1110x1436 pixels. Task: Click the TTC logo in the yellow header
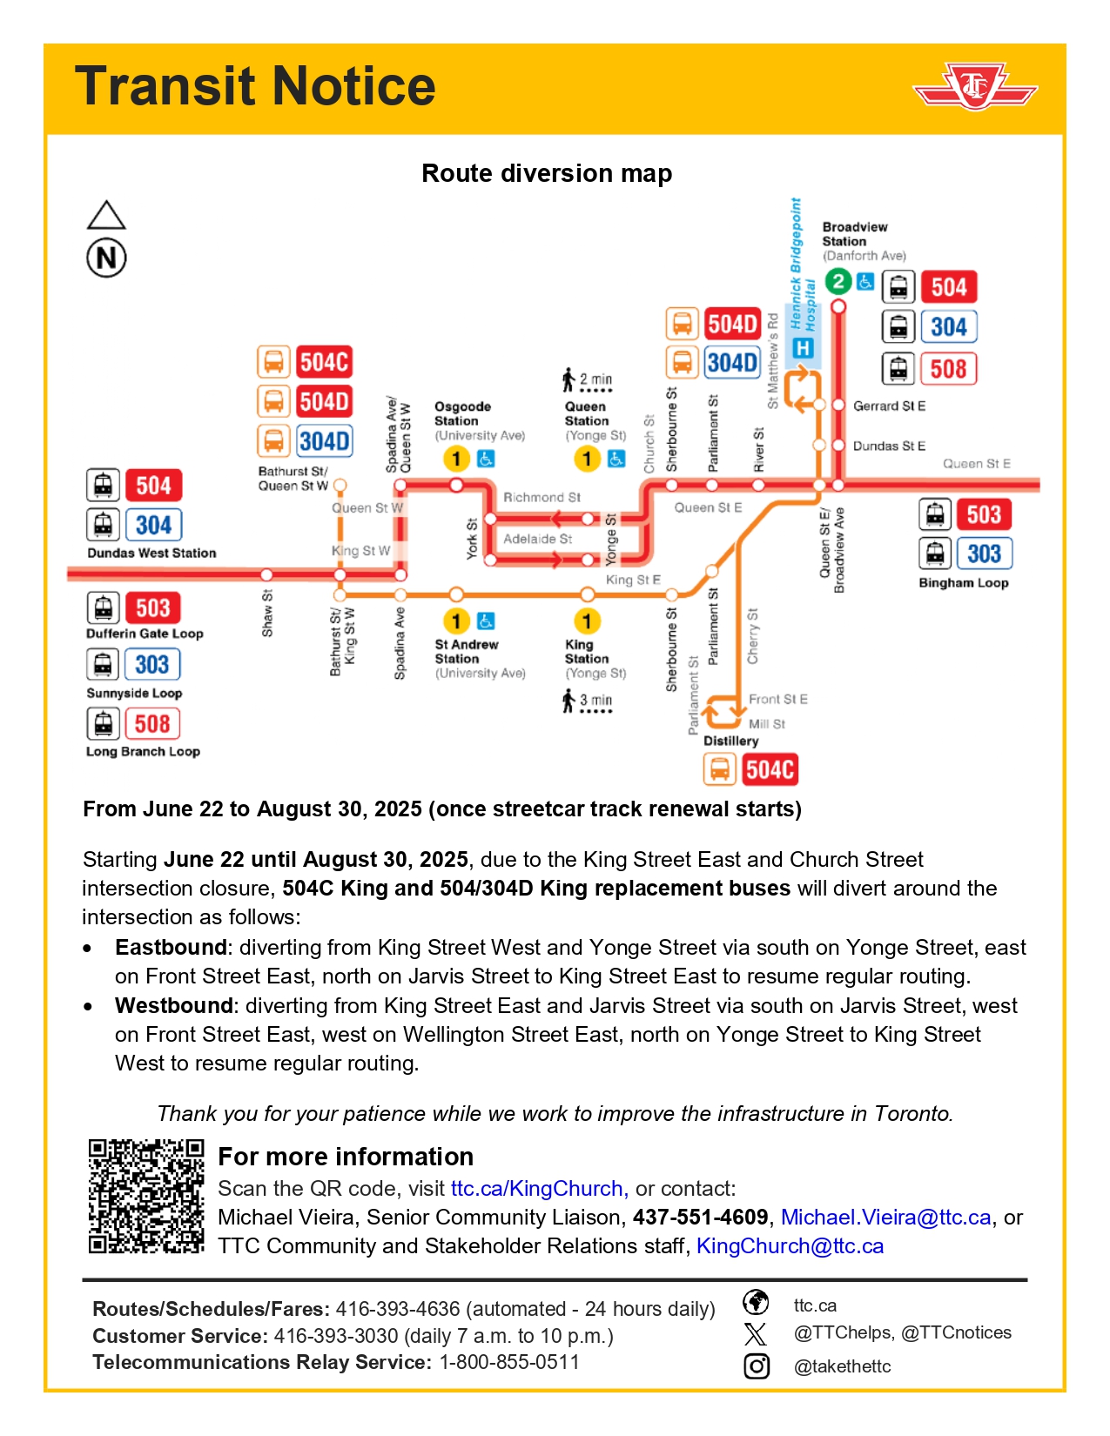pos(974,87)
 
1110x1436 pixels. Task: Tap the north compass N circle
pos(106,258)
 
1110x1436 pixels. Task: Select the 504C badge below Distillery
pos(770,769)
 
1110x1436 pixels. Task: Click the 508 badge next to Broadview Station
pos(948,368)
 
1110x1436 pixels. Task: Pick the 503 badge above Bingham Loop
pos(983,514)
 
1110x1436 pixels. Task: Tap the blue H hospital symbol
pos(803,348)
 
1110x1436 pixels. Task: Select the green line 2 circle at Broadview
pos(838,281)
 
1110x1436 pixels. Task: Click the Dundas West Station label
pos(151,553)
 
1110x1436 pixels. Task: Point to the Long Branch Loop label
pos(143,751)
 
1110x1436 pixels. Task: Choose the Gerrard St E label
pos(889,406)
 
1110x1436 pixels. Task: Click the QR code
pos(146,1196)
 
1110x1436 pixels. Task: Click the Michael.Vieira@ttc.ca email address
pos(885,1217)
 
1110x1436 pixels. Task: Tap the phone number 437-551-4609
pos(700,1217)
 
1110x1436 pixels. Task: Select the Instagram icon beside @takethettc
pos(757,1366)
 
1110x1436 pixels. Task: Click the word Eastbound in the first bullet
pos(171,947)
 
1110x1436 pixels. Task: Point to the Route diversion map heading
pos(547,173)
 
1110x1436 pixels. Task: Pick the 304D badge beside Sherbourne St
pos(732,362)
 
